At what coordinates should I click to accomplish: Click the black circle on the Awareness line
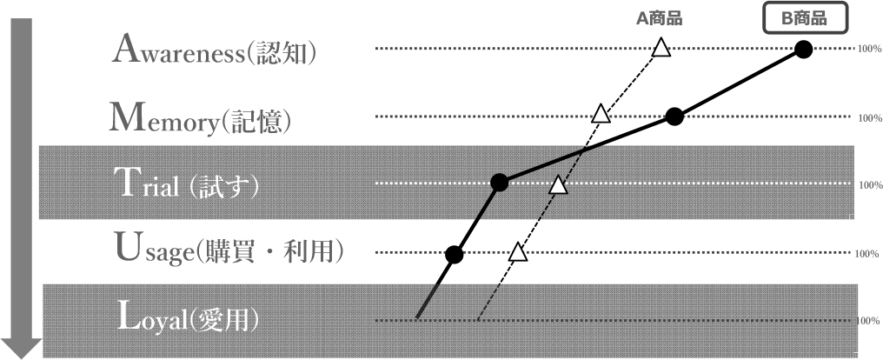coord(804,50)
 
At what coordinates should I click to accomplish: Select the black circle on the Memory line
coord(674,117)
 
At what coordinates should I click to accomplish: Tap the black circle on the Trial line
coord(499,183)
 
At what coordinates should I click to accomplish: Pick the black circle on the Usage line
coord(454,254)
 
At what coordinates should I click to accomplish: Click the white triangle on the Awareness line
coord(661,49)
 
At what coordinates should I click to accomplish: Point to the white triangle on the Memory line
coord(600,114)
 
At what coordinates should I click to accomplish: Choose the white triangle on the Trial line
coord(559,184)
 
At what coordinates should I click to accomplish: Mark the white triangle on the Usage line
coord(518,253)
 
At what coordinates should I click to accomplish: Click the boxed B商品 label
coord(805,17)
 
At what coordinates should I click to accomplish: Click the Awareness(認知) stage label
coord(214,50)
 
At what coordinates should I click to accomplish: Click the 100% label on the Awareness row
coord(870,50)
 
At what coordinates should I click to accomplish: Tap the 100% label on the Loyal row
coord(869,321)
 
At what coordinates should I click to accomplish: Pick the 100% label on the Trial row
coord(870,185)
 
